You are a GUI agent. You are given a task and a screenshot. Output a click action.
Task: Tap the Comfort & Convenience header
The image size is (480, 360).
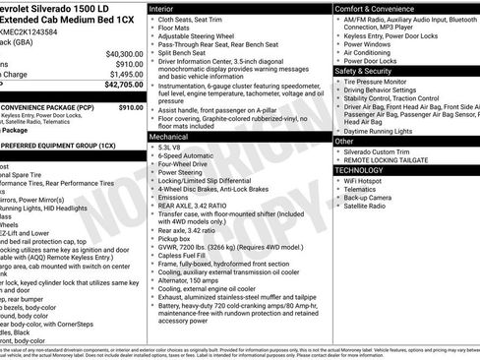(380, 8)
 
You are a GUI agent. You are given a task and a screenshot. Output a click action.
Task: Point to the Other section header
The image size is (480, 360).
(344, 141)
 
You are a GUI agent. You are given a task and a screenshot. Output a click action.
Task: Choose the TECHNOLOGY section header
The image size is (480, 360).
(362, 169)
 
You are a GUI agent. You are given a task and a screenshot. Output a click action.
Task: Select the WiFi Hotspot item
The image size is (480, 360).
(363, 179)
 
